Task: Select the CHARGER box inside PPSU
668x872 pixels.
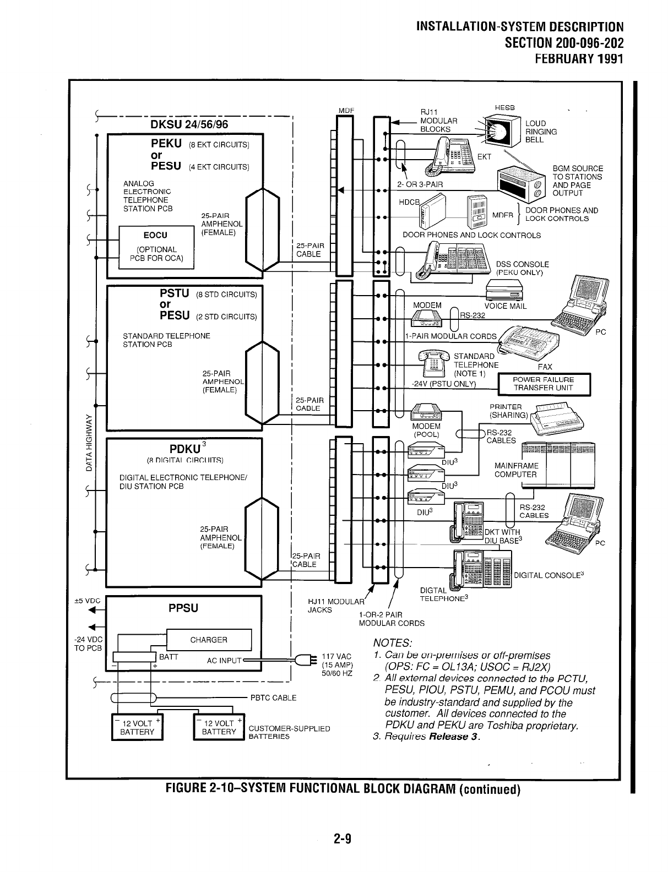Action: pos(208,640)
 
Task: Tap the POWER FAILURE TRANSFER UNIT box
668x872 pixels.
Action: pos(544,384)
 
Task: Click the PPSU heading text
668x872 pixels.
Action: pos(183,608)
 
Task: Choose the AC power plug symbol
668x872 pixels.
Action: pos(304,660)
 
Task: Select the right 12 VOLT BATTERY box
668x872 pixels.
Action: pos(219,727)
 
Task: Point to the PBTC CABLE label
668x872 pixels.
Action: pos(273,698)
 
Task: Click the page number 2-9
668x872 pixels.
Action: pos(342,839)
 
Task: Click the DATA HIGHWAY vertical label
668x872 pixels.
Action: pos(88,443)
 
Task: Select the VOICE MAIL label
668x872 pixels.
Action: pos(505,306)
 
